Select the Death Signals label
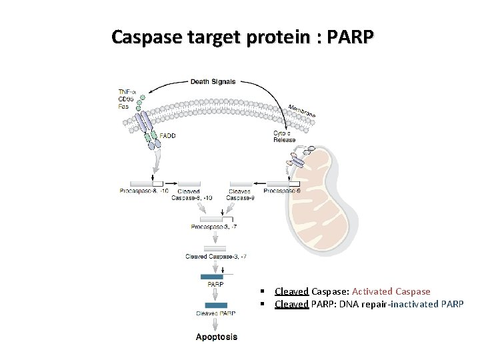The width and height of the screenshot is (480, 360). click(213, 82)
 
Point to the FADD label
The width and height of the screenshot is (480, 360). click(167, 135)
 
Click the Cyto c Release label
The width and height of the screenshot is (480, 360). click(284, 137)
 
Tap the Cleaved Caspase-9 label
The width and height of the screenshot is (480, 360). click(240, 194)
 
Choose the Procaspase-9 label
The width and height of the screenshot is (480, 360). click(282, 191)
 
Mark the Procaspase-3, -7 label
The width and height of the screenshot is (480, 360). click(214, 227)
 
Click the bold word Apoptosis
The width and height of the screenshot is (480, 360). click(216, 337)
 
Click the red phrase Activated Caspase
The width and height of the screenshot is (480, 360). click(391, 291)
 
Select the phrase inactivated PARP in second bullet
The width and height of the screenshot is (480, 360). click(427, 304)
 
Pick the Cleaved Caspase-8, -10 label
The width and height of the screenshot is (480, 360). click(191, 194)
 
